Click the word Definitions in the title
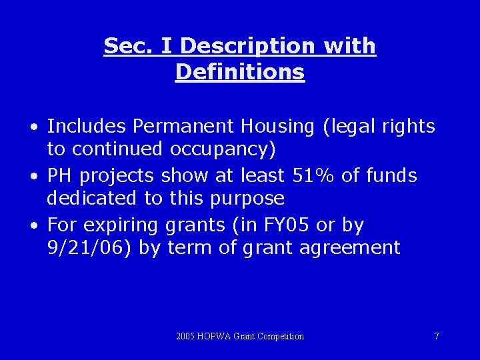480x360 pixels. [x=240, y=72]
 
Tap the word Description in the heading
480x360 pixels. [x=249, y=46]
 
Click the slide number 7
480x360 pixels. [x=437, y=337]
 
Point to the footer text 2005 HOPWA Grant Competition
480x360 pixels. [x=240, y=337]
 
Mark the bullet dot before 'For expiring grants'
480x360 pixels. [x=33, y=226]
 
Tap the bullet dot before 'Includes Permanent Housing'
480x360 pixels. [x=33, y=127]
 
